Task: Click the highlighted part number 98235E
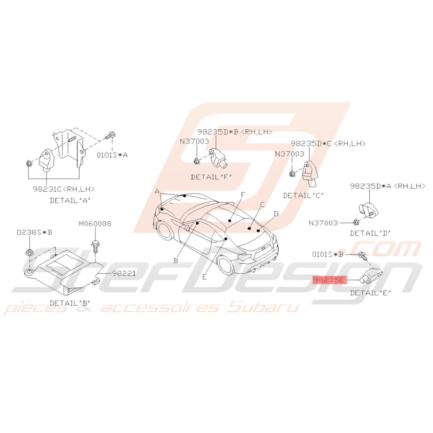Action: coord(329,280)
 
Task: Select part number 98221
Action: coord(124,273)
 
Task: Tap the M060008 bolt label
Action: coord(95,223)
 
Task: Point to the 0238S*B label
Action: coord(34,232)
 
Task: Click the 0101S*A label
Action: coord(112,155)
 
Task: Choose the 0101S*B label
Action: coord(327,254)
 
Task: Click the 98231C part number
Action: coord(47,189)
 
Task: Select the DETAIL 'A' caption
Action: coord(70,200)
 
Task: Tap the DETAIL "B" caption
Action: coord(70,303)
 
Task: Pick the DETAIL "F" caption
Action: coord(212,177)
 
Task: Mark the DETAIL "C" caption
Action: coord(303,195)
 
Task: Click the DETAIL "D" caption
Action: coord(371,233)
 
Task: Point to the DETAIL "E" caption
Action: coord(371,293)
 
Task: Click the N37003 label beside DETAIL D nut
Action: coord(323,223)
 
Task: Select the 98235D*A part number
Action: coord(371,186)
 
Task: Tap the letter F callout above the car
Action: coord(243,195)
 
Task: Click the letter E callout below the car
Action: coord(204,277)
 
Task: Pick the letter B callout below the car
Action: coord(176,260)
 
